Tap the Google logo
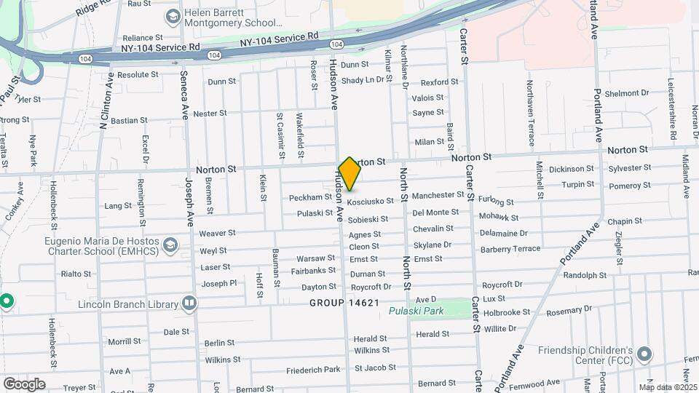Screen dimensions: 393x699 [x=24, y=384]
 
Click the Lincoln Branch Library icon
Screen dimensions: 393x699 [x=189, y=302]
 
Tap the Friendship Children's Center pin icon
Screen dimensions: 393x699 [x=644, y=354]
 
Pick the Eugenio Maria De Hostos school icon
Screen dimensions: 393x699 [x=171, y=243]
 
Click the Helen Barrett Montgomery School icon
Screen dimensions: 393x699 [x=173, y=15]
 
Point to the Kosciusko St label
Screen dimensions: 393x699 [x=371, y=201]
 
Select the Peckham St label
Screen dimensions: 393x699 [x=310, y=197]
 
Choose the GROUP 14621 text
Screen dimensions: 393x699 [x=344, y=302]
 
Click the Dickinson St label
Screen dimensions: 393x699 [x=572, y=169]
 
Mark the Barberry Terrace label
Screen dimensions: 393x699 [x=510, y=248]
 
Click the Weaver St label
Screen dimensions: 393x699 [x=217, y=233]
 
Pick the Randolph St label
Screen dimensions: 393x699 [x=585, y=275]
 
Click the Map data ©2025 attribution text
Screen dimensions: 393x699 [x=668, y=386]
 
